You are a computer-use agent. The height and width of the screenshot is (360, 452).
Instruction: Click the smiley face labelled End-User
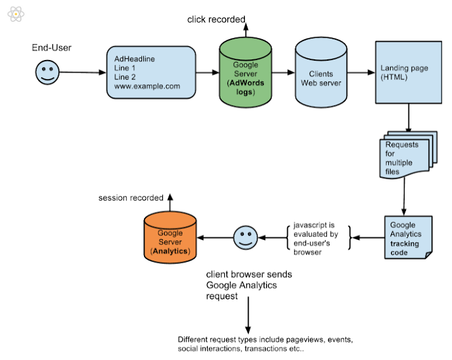pos(46,72)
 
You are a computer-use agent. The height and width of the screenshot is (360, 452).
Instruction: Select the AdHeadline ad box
pos(150,72)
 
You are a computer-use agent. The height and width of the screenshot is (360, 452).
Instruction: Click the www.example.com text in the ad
pos(147,86)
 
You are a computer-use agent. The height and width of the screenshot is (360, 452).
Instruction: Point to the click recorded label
pos(216,20)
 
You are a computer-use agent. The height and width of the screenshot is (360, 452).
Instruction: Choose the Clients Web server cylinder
pos(321,73)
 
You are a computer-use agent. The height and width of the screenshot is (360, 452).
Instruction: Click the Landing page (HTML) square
pos(408,72)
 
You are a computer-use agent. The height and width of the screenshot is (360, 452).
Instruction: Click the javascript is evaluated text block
pos(316,238)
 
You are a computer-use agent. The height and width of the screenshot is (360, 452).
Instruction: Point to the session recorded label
pos(131,198)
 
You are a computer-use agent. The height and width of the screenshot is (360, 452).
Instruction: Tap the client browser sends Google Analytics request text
pos(249,285)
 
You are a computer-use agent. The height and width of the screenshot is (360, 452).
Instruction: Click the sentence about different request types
pos(265,344)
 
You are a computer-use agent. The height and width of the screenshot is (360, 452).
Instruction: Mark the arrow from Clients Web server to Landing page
pos(361,73)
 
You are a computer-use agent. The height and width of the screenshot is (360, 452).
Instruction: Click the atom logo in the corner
pos(16,13)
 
